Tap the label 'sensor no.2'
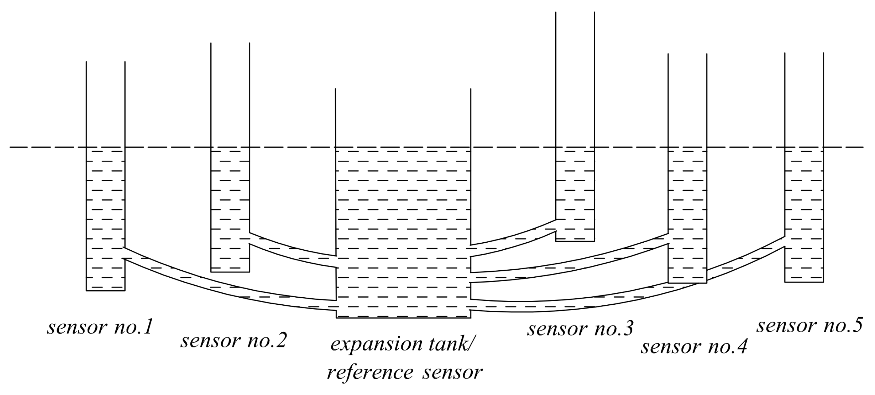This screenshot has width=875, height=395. [x=233, y=341]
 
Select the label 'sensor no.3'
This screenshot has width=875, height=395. [x=580, y=329]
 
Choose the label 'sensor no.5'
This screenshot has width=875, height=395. [x=809, y=326]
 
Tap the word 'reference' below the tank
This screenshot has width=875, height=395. [x=370, y=373]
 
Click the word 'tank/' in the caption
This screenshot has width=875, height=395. [x=448, y=344]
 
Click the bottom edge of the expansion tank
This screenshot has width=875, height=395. [x=403, y=318]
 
